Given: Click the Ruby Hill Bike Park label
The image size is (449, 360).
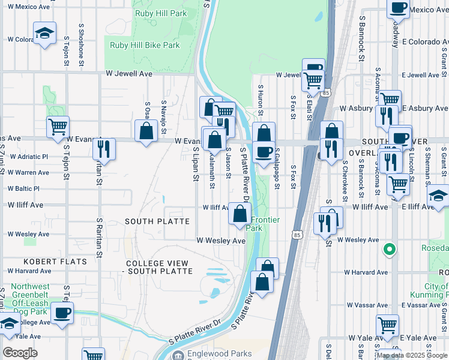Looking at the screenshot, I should click(x=145, y=45).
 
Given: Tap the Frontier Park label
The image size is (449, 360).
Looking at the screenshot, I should click(x=264, y=224).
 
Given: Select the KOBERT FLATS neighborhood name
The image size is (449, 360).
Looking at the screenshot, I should click(x=55, y=262).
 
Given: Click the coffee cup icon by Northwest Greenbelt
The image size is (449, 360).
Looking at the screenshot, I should click(x=62, y=312).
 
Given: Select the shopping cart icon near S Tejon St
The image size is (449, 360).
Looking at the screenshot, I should click(x=58, y=127).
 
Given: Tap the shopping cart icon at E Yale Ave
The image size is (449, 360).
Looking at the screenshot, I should click(x=388, y=326).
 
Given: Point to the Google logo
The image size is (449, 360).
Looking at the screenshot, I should click(x=20, y=353).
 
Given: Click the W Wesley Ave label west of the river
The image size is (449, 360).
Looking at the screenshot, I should click(x=221, y=241).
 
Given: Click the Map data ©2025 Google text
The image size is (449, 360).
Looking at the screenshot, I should click(x=412, y=355).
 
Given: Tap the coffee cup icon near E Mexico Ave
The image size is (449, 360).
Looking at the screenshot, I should click(x=398, y=8).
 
